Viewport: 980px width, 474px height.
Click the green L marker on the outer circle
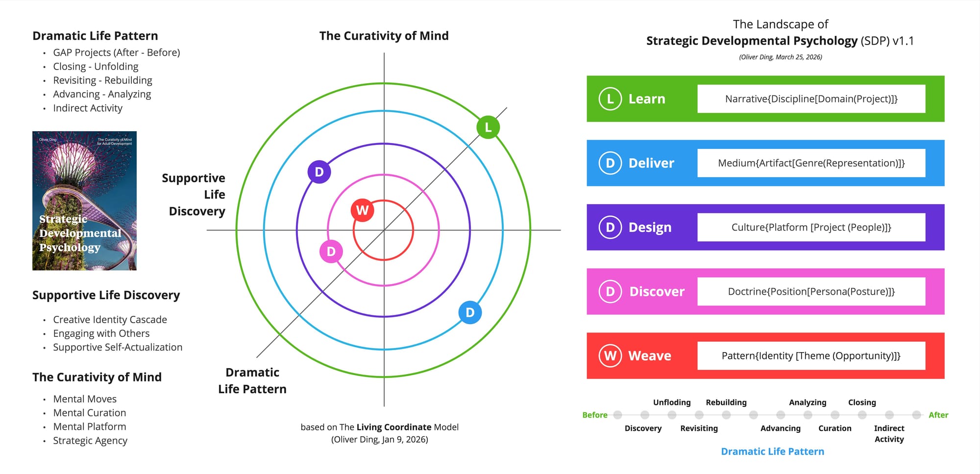click(488, 127)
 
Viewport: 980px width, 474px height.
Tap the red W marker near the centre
click(363, 210)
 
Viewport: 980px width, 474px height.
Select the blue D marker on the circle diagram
click(470, 312)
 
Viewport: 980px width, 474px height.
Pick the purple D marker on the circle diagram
click(319, 172)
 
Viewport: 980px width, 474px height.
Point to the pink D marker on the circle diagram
click(331, 252)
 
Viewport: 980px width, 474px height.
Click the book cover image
click(84, 201)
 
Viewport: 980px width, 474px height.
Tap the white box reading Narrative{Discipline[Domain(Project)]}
click(811, 99)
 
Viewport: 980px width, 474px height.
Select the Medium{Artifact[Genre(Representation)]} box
click(811, 163)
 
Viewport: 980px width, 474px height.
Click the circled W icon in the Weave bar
click(610, 355)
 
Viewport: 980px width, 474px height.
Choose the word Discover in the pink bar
click(657, 291)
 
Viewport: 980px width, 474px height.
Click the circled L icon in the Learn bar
click(610, 99)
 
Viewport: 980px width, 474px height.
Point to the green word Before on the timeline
click(594, 415)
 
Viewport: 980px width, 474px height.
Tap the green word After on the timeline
click(938, 415)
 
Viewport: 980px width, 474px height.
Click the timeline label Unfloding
click(672, 402)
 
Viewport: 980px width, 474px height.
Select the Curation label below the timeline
click(835, 428)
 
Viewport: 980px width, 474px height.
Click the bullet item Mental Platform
click(90, 427)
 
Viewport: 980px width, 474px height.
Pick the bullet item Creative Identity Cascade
click(110, 319)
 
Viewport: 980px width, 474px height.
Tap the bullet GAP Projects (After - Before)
click(117, 52)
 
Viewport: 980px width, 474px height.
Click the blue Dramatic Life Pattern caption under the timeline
click(772, 451)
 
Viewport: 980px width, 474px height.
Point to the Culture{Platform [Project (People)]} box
click(811, 227)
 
